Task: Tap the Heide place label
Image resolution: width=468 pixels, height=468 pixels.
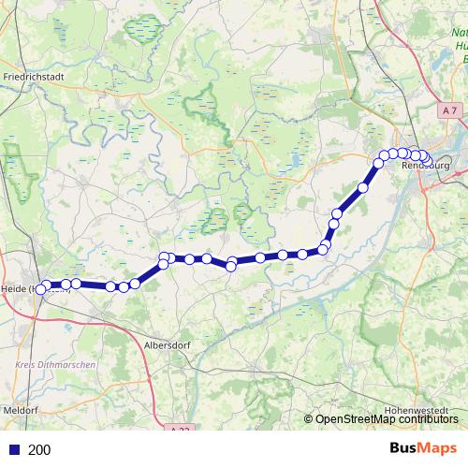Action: pyautogui.click(x=17, y=289)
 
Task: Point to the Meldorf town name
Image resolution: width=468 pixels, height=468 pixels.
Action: pyautogui.click(x=19, y=410)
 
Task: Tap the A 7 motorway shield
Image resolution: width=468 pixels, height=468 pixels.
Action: pyautogui.click(x=450, y=110)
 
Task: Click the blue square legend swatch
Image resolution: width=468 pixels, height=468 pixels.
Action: pyautogui.click(x=14, y=449)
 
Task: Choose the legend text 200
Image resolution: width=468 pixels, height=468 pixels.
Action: pyautogui.click(x=39, y=449)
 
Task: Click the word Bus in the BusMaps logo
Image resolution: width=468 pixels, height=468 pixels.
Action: pyautogui.click(x=405, y=448)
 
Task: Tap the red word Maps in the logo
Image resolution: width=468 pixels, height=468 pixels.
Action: pyautogui.click(x=440, y=448)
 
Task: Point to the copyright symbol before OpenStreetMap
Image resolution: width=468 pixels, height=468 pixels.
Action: pyautogui.click(x=309, y=418)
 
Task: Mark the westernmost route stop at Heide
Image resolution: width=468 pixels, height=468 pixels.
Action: pyautogui.click(x=40, y=289)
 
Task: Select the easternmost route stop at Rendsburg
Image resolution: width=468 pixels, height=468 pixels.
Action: pyautogui.click(x=425, y=157)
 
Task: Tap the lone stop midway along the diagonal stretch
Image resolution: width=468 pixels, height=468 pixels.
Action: pyautogui.click(x=362, y=187)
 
